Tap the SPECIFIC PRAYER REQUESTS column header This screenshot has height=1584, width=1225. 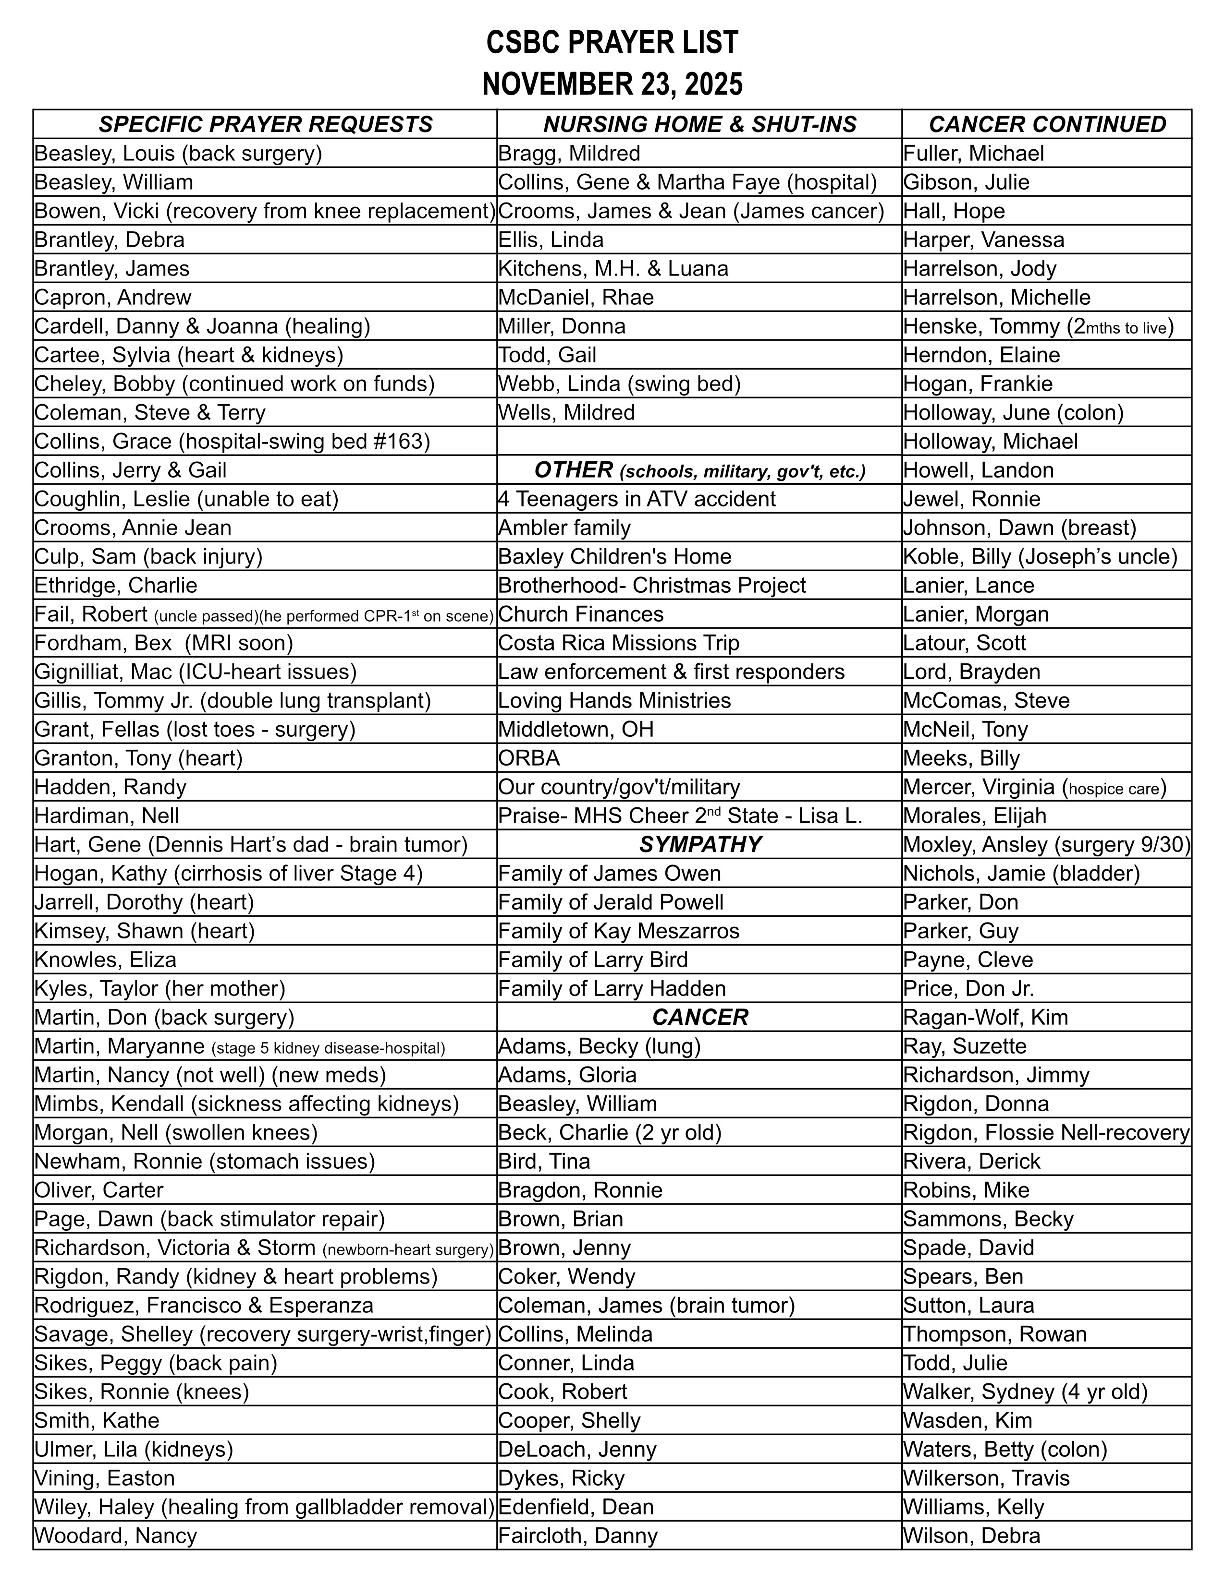click(x=266, y=125)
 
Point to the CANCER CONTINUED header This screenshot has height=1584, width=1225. click(x=1046, y=125)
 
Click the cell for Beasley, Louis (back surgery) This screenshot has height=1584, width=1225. click(x=179, y=154)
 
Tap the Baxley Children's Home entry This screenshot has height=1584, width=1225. click(x=615, y=557)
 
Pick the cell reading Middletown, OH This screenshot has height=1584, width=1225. click(x=576, y=730)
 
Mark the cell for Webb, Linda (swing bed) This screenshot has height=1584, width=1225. click(x=619, y=384)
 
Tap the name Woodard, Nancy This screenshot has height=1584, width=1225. click(x=116, y=1536)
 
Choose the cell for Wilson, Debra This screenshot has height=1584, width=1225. click(x=972, y=1536)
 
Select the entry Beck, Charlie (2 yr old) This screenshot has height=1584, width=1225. click(x=610, y=1133)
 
